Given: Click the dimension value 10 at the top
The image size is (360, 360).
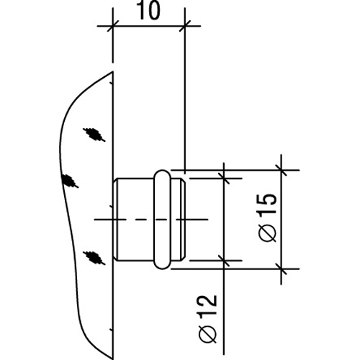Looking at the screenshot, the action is (x=149, y=11).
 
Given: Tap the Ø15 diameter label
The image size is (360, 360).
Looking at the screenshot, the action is (x=268, y=217).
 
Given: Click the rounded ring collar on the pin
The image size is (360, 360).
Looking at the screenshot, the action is (x=162, y=220).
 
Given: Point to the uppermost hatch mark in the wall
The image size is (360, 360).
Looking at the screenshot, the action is (x=94, y=134).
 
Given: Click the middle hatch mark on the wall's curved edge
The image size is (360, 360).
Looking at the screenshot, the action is (x=70, y=181).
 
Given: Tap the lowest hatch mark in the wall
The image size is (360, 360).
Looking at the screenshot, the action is (x=94, y=258).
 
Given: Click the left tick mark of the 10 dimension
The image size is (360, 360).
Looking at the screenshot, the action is (x=112, y=26).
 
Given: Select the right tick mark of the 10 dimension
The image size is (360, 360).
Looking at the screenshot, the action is (x=185, y=26).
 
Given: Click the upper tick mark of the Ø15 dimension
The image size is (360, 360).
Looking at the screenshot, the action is (x=281, y=170).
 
